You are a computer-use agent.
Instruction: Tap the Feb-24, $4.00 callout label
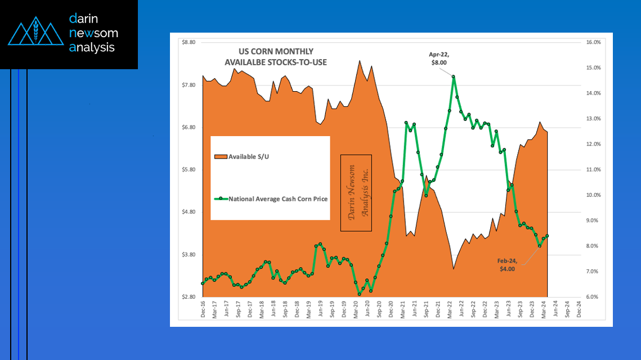coord(507,265)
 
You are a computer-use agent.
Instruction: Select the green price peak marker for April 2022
coord(454,76)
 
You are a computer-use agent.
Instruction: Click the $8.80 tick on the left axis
coord(188,42)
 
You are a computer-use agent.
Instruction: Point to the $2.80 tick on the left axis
coord(188,297)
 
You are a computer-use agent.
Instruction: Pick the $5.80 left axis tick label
coord(188,170)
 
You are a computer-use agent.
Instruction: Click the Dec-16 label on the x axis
coord(203,310)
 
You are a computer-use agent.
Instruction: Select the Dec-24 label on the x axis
coord(579,310)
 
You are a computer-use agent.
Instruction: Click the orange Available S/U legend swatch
coord(221,156)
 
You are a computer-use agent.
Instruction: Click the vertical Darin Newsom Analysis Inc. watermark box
coord(356,193)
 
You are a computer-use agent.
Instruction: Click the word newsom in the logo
coord(93,33)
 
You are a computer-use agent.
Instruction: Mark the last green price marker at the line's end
coord(547,236)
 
